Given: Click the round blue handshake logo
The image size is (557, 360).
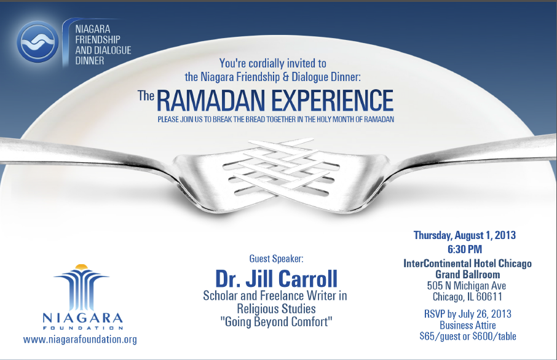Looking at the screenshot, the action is click(38, 42).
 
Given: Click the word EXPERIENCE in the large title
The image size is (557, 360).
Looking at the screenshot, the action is click(333, 101).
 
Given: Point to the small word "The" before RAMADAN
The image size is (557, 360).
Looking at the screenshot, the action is click(146, 95).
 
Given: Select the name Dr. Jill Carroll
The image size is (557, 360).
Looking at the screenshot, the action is click(277, 279).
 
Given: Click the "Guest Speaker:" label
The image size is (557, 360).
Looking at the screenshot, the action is click(277, 259).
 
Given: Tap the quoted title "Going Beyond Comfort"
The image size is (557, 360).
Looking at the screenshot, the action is click(277, 322).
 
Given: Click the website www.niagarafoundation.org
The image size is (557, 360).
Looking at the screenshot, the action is click(80, 339).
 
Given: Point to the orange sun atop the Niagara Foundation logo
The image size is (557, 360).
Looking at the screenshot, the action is click(81, 267).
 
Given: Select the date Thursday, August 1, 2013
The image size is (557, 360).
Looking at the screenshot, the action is click(465, 235).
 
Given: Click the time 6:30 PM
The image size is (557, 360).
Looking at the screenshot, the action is click(465, 249).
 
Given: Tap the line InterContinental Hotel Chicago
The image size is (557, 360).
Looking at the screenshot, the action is click(467, 264).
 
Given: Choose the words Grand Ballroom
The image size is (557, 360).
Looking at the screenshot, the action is click(467, 275).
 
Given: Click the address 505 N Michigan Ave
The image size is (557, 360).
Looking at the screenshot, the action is click(467, 286).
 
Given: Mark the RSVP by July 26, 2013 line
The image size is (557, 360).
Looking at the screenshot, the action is click(467, 314).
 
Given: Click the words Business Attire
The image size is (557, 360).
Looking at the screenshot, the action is click(467, 325).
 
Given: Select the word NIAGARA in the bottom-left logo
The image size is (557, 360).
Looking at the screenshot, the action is click(82, 318).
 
